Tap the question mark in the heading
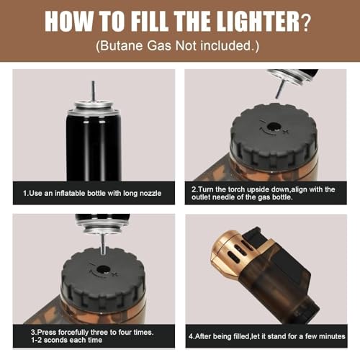point(306,23)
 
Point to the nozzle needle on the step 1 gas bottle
point(94,91)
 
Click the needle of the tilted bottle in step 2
point(279,89)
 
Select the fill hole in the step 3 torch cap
point(104,269)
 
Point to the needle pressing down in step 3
point(104,244)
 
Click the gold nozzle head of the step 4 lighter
point(227,254)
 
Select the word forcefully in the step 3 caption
point(73,333)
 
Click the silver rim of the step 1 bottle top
point(94,111)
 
